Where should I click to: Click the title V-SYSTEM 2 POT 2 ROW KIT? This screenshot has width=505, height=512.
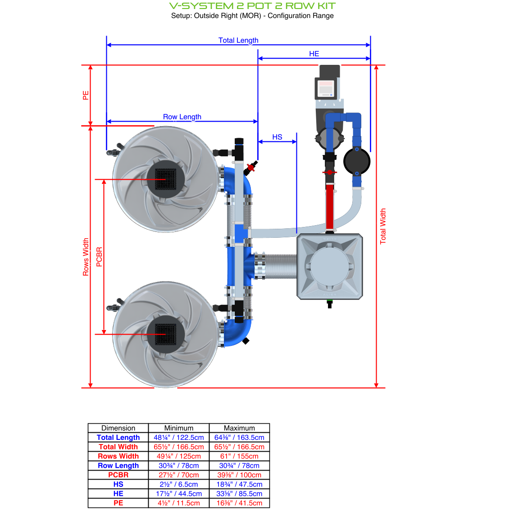[252, 6]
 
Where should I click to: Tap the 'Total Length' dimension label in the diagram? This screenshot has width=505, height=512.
[238, 40]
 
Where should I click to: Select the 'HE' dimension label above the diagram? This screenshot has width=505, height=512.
[314, 54]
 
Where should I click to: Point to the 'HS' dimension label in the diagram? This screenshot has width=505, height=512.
[277, 137]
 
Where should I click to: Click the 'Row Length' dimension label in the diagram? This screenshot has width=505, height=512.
[182, 117]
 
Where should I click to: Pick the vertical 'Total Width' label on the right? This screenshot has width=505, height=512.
[383, 226]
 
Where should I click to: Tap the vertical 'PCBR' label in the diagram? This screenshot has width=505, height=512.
[99, 257]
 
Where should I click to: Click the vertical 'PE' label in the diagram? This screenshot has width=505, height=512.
[86, 95]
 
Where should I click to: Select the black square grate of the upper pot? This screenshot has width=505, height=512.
[166, 179]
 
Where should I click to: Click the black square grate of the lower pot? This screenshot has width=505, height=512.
[166, 334]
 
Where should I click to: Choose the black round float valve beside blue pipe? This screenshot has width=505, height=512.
[357, 161]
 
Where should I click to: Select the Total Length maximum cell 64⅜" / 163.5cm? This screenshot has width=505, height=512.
[239, 437]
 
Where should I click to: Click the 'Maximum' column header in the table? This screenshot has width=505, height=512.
[239, 428]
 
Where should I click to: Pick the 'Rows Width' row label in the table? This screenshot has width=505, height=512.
[118, 456]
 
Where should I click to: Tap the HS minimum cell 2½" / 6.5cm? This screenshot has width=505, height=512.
[179, 484]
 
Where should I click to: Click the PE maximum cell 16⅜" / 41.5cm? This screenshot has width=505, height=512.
[239, 503]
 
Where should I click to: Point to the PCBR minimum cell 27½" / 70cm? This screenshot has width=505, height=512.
[179, 475]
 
